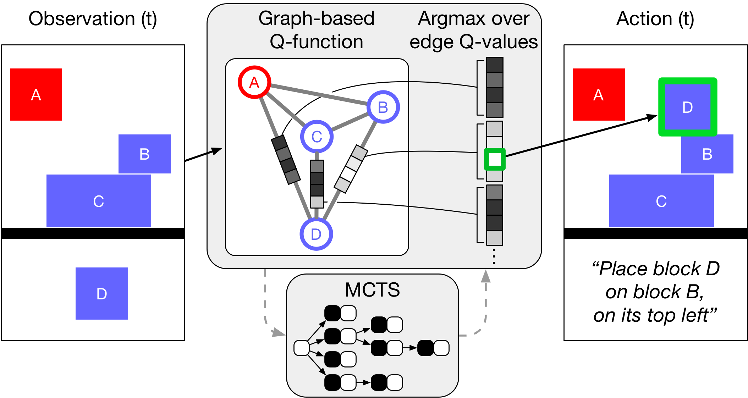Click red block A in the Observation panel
coord(36,94)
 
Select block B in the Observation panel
coord(145,154)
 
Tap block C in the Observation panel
coord(99,201)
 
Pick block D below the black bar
coord(102,293)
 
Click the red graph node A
coord(254,82)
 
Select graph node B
coord(383,107)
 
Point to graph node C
coord(317,137)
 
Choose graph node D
coord(316,234)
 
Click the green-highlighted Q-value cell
coord(495,159)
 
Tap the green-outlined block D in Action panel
coord(688,107)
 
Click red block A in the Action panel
coord(599,94)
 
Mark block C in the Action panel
coord(661,201)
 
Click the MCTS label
coord(372,289)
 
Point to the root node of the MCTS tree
coord(302,348)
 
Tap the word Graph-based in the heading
coord(316,19)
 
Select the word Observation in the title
coord(82,18)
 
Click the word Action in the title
coord(644,18)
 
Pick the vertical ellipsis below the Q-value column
coord(494,256)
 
